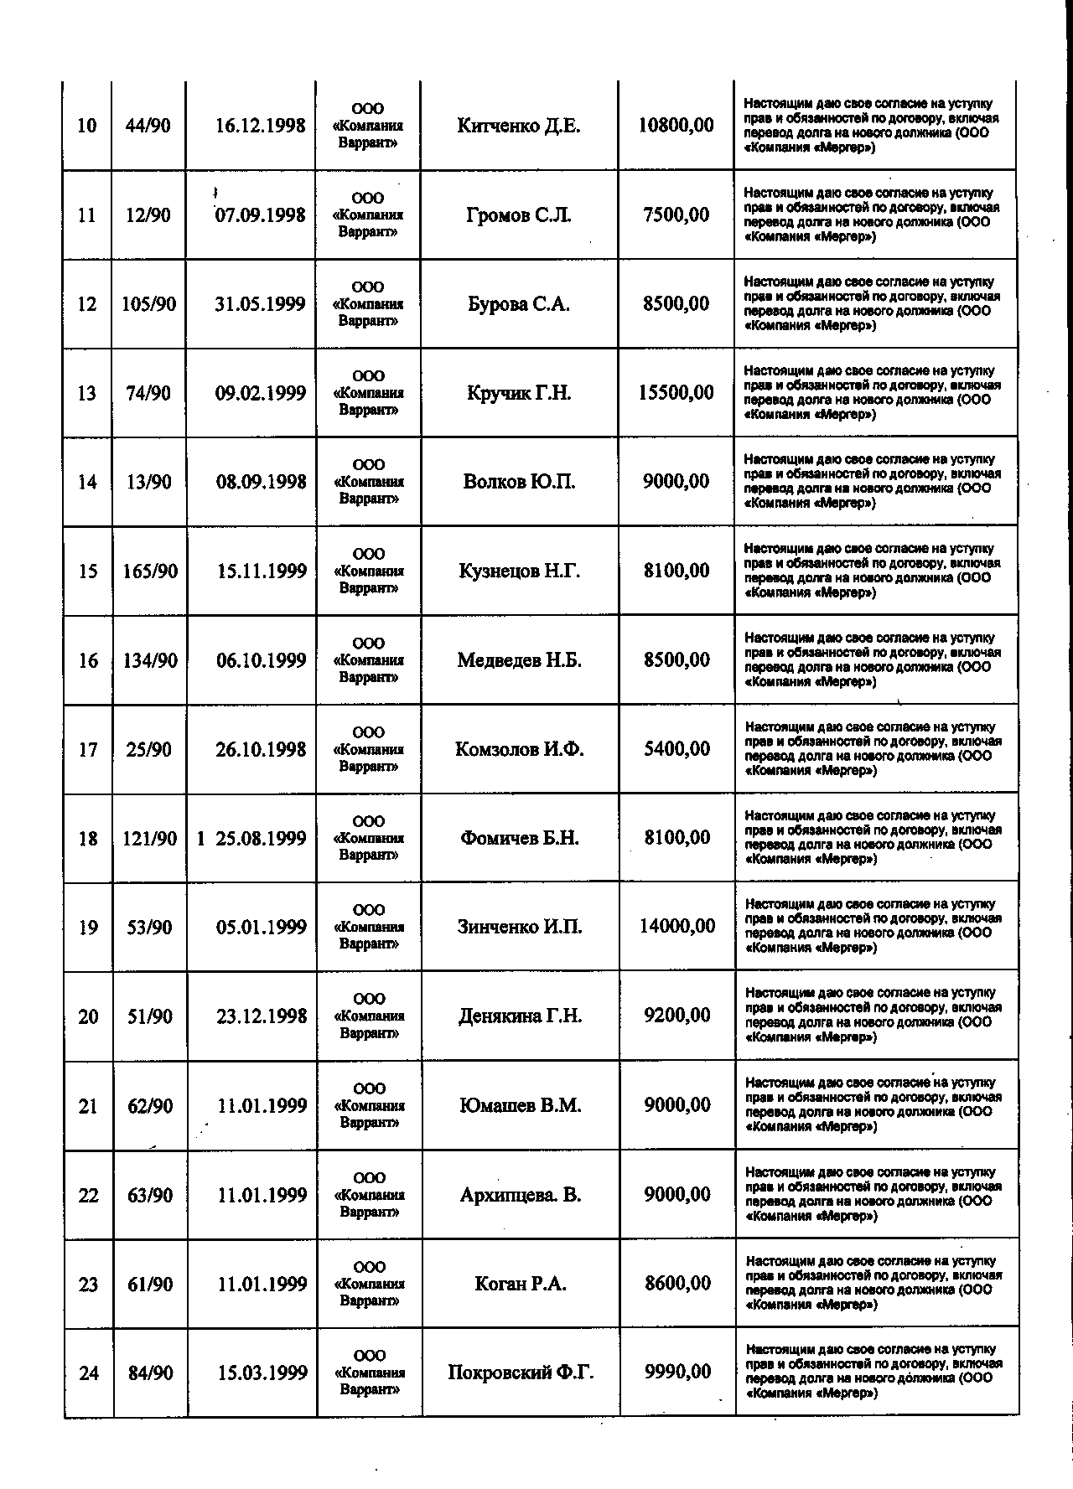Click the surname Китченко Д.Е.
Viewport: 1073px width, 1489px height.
click(518, 127)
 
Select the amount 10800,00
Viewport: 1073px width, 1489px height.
click(676, 126)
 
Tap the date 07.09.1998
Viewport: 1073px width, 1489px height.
click(260, 215)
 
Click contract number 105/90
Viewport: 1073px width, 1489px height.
click(148, 304)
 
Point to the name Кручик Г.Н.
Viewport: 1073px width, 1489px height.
click(519, 393)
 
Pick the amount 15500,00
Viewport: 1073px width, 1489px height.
click(676, 392)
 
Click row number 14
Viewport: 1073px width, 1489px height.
click(87, 483)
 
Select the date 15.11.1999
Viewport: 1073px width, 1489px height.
click(262, 571)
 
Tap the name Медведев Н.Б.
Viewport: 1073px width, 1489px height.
click(519, 660)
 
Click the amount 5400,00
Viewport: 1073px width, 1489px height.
click(676, 749)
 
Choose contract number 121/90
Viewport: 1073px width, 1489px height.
click(149, 839)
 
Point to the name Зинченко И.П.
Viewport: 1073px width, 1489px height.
click(520, 927)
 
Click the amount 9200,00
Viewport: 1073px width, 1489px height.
click(676, 1016)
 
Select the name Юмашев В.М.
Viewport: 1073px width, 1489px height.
click(521, 1105)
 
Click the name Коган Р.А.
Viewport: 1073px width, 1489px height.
click(521, 1284)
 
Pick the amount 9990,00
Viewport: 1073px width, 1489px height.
click(677, 1372)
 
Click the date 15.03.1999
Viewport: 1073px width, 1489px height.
click(262, 1373)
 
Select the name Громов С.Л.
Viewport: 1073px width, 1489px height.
click(518, 215)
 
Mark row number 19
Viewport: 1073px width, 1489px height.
click(88, 928)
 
